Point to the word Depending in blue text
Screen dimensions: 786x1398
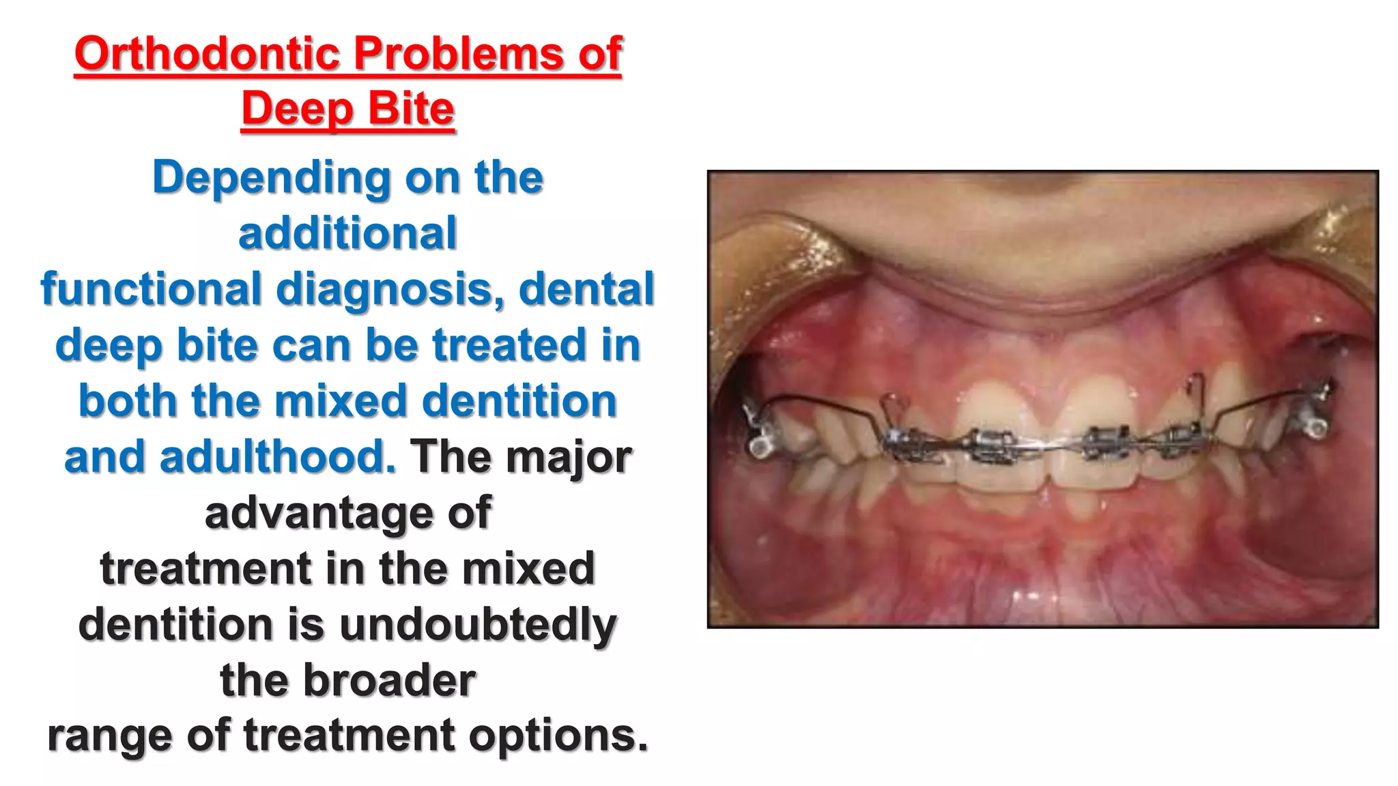pos(271,179)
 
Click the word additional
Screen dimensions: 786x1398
pos(347,233)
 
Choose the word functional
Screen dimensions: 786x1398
pos(152,289)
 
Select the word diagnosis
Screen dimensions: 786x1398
pos(390,290)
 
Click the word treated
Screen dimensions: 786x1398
pos(509,345)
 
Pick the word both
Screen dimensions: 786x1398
pos(128,401)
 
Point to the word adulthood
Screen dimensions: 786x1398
pos(230,456)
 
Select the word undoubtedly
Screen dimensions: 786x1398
pos(478,626)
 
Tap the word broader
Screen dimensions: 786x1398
pos(389,680)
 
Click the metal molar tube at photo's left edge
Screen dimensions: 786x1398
pos(758,440)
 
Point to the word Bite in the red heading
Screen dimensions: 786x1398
pos(412,109)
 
